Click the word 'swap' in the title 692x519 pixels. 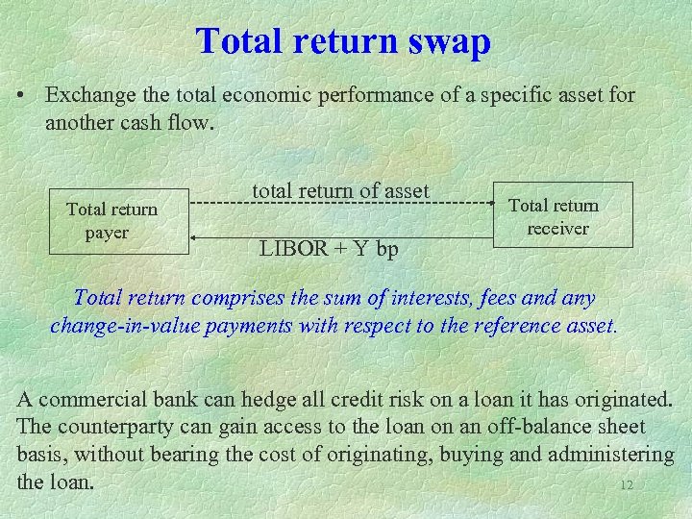[x=448, y=41]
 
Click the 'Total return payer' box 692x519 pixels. [x=112, y=220]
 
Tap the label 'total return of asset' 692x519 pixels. [x=340, y=191]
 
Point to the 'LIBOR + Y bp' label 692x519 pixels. [x=329, y=249]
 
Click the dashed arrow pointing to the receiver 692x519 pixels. [x=346, y=204]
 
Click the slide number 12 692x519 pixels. [x=627, y=485]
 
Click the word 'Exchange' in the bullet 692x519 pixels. [x=87, y=96]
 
